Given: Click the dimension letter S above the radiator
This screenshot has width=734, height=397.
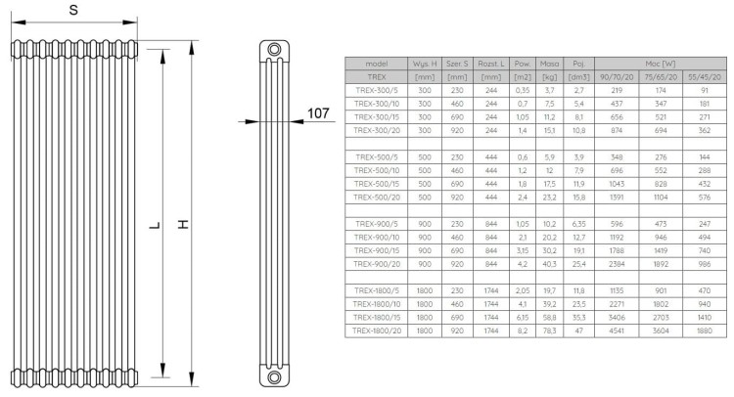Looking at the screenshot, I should tap(75, 11).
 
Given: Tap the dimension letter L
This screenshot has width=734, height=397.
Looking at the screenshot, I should tap(153, 226).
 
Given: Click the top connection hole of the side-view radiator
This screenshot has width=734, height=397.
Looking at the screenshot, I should tap(272, 50).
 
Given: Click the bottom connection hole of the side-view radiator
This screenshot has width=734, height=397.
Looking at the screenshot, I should tap(272, 375).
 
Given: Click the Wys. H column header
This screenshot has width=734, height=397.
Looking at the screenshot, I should tap(425, 64).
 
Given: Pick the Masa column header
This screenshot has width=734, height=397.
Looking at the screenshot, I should tap(548, 64).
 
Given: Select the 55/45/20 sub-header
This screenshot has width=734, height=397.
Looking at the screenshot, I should tap(705, 76).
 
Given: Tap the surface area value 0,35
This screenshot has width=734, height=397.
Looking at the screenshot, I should tap(522, 89).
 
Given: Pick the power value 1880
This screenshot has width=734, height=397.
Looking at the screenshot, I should tap(705, 332).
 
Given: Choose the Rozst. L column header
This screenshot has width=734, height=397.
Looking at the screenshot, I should tap(490, 64).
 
